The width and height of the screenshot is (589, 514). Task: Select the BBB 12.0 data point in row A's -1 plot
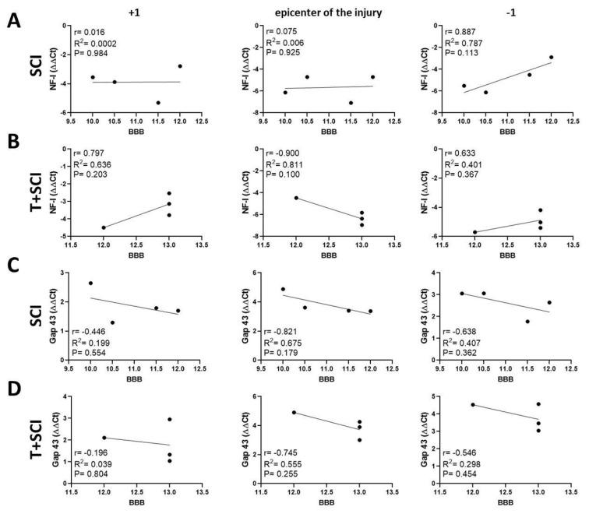pyautogui.click(x=551, y=57)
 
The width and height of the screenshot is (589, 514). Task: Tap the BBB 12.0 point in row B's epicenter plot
pyautogui.click(x=295, y=198)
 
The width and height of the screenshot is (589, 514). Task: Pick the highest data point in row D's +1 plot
pyautogui.click(x=169, y=419)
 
